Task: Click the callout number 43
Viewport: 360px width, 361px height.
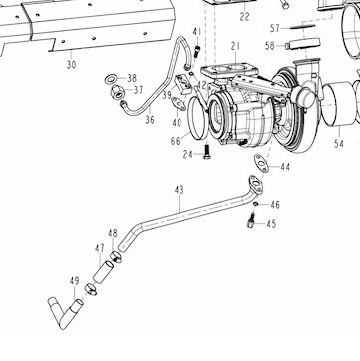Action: coord(180,190)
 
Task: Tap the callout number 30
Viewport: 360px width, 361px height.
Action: coord(71,65)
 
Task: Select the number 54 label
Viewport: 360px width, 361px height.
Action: coord(339,144)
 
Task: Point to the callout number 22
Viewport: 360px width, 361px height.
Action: coord(244,17)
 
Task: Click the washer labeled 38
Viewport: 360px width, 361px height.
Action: coord(110,79)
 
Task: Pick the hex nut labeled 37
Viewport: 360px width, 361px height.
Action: coord(117,91)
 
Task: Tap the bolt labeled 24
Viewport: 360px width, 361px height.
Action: coord(207,151)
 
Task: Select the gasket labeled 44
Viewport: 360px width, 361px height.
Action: coord(261,163)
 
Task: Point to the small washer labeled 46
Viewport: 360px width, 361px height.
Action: coord(255,203)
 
